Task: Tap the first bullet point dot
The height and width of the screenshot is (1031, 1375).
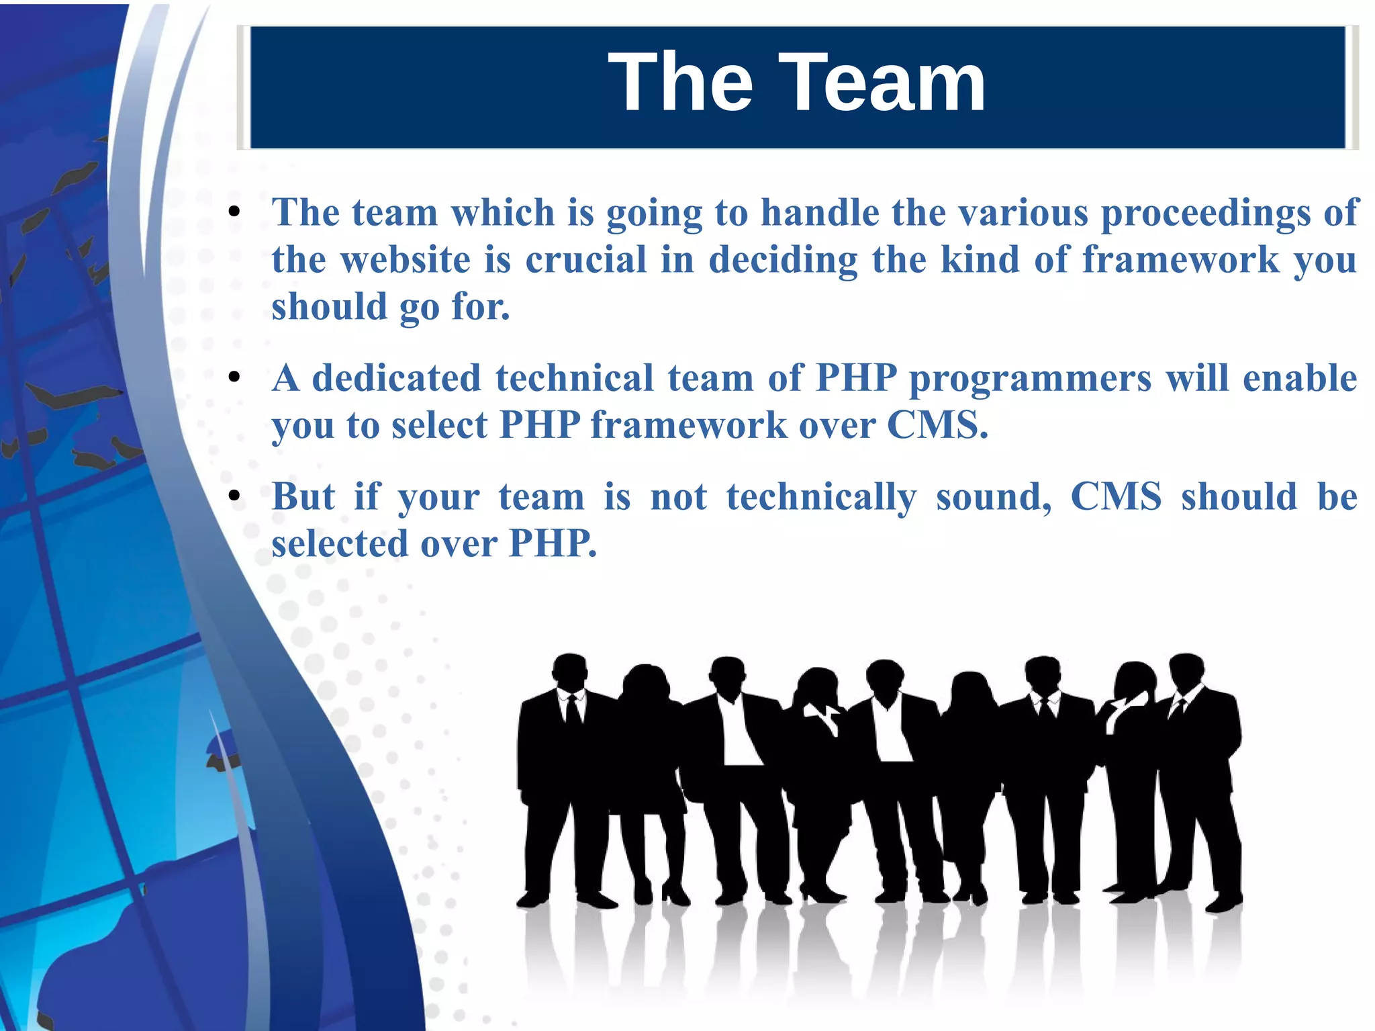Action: click(x=234, y=213)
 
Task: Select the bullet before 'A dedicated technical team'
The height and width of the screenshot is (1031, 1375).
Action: click(x=234, y=378)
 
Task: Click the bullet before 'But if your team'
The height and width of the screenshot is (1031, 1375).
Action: click(x=234, y=497)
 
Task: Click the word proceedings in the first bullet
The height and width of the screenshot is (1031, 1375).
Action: click(x=1205, y=214)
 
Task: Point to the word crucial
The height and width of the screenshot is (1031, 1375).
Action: click(x=585, y=260)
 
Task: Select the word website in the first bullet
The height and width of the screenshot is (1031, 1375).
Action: click(x=406, y=260)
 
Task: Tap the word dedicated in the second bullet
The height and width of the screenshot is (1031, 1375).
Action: click(x=397, y=378)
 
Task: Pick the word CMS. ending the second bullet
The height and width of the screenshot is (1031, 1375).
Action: click(x=937, y=425)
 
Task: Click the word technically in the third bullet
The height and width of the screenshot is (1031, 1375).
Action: click(x=821, y=498)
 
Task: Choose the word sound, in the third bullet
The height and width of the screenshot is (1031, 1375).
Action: click(x=994, y=497)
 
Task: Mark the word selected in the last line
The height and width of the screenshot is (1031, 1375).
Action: click(x=340, y=543)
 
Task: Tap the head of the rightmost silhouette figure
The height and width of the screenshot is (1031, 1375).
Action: click(x=1186, y=670)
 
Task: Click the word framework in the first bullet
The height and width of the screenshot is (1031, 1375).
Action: click(x=1181, y=260)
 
